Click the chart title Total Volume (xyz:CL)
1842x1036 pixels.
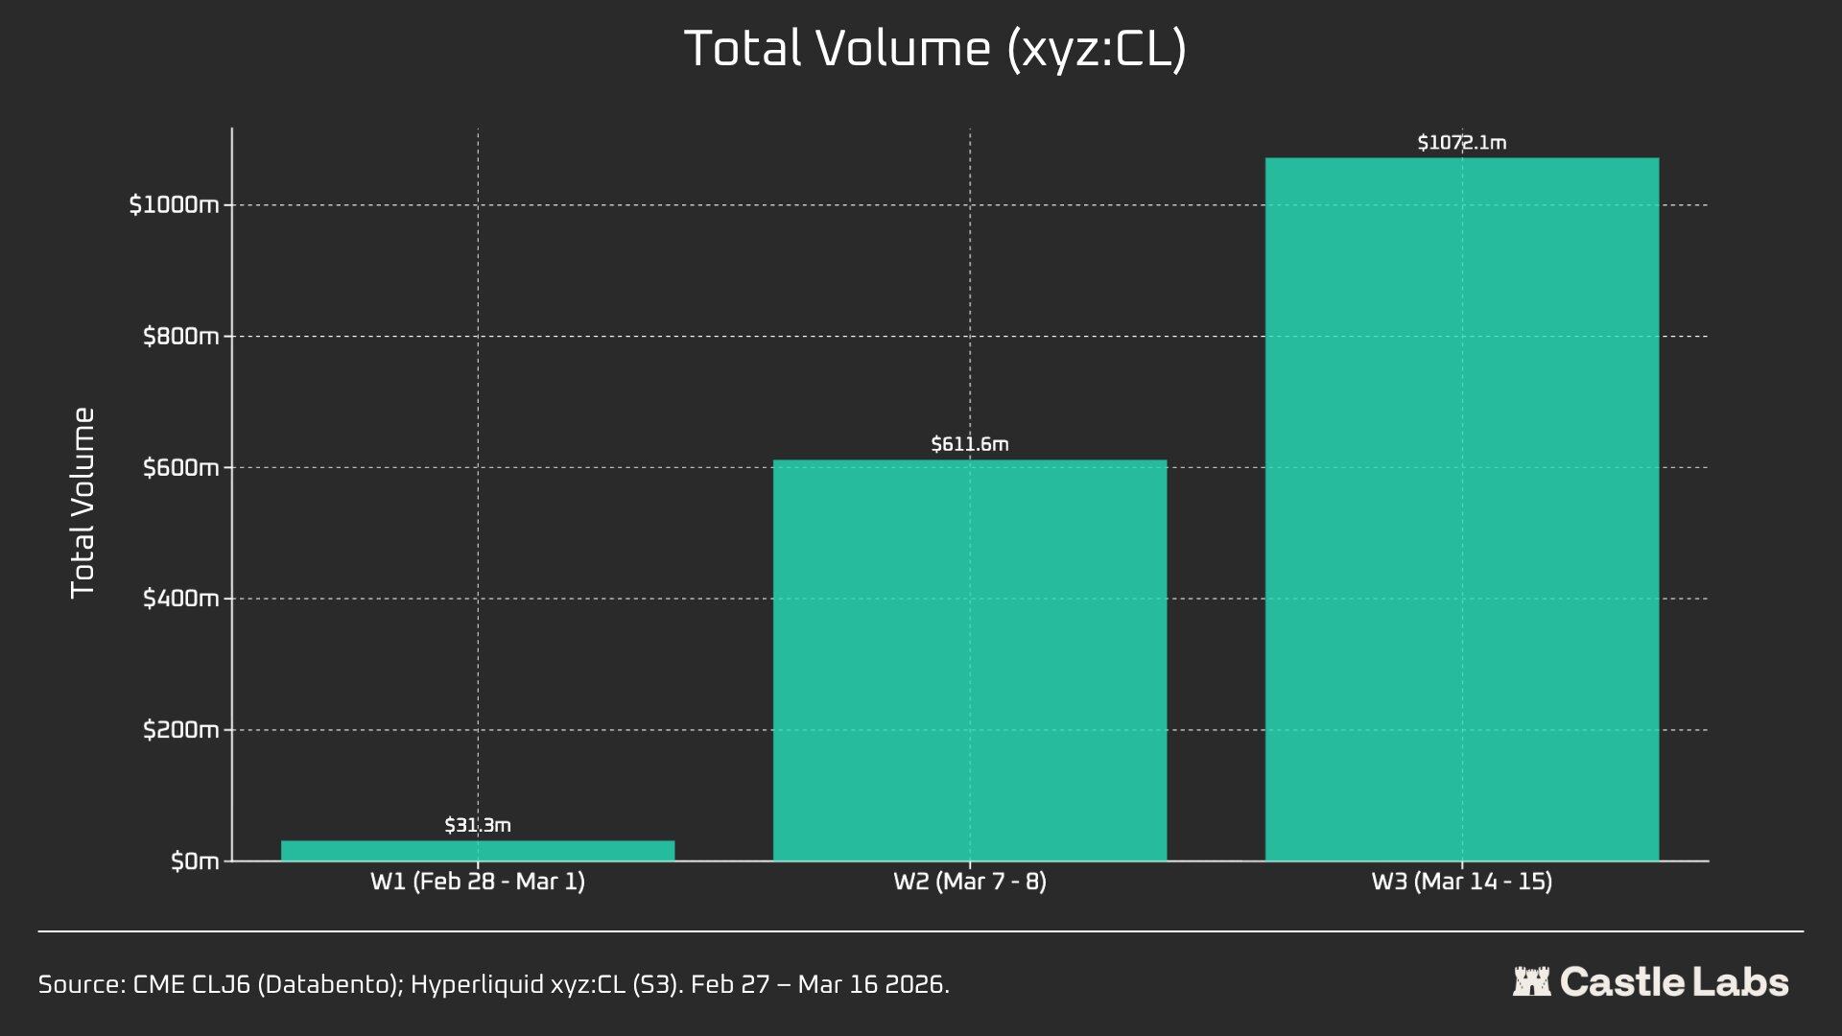pos(934,49)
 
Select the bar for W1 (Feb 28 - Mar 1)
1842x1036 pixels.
pos(478,851)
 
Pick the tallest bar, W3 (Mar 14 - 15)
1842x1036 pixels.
pos(1461,509)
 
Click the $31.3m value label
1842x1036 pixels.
pos(478,825)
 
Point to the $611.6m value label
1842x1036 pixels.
pos(970,444)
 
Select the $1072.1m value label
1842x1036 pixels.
pos(1461,143)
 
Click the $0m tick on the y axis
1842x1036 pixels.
pos(195,861)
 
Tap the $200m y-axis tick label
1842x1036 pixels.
pos(181,730)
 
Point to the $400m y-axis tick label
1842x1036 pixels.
pos(181,599)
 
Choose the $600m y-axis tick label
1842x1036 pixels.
pos(181,468)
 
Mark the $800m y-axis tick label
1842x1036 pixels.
pos(181,337)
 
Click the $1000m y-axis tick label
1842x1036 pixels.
pos(175,205)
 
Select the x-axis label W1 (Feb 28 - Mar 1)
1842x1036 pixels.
pos(478,882)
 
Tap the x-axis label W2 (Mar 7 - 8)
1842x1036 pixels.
pos(970,882)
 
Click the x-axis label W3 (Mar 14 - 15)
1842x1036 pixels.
pos(1461,882)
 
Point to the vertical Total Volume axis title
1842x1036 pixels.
pos(83,502)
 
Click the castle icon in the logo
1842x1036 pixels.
pos(1531,982)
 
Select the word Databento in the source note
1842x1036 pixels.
pos(329,985)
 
